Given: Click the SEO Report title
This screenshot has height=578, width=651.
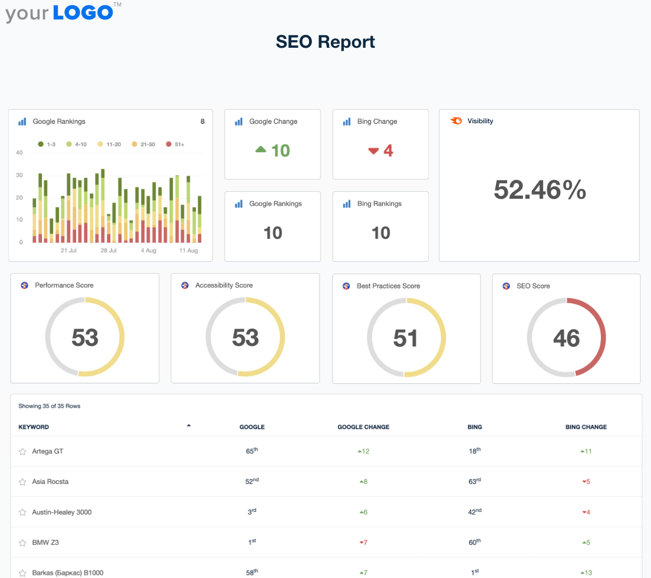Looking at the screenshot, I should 325,42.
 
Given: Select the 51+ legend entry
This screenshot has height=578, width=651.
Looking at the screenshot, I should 175,144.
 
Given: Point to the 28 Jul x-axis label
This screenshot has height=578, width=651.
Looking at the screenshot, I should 108,251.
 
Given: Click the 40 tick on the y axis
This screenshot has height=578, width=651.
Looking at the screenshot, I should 19,152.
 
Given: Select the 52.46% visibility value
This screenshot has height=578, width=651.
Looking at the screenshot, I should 540,190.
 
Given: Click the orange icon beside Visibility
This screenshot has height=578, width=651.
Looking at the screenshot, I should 456,121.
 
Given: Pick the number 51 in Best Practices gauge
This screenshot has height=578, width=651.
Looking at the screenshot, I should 406,338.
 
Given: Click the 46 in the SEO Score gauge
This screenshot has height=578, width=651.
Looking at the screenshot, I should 566,338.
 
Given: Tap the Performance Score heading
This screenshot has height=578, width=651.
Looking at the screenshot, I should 64,285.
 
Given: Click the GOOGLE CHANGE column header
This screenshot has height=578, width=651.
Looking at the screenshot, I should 363,427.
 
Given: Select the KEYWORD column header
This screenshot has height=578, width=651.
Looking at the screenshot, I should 34,427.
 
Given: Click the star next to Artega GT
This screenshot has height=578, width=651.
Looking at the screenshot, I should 22,452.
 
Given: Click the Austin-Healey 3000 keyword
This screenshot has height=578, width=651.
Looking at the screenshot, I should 62,512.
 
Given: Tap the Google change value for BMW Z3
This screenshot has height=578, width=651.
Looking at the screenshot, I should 363,543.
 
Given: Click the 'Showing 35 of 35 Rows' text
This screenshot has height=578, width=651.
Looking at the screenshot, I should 49,406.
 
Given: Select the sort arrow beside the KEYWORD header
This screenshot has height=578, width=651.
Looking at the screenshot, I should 189,425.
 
